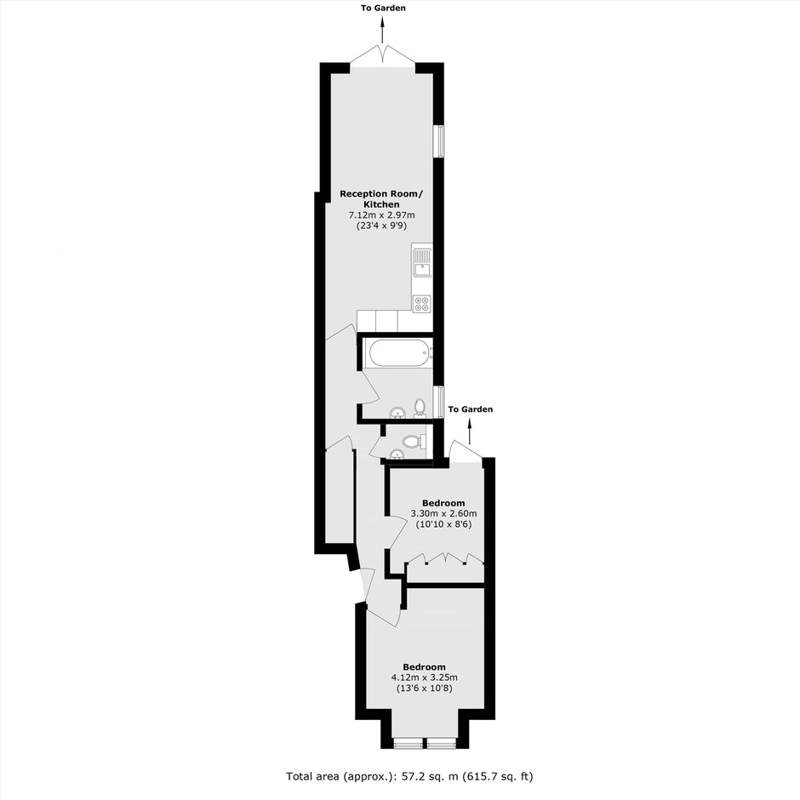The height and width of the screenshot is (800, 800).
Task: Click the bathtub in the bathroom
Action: tap(399, 352)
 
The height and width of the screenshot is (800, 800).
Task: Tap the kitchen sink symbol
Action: tap(422, 262)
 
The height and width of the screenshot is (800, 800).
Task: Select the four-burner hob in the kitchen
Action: tap(422, 303)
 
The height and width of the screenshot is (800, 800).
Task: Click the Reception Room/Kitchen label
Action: tap(381, 199)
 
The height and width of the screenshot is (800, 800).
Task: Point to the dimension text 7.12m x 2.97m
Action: tap(381, 214)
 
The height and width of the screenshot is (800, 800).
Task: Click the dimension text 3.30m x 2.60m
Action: tap(443, 513)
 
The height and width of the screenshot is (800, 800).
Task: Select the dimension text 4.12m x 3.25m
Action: tap(424, 677)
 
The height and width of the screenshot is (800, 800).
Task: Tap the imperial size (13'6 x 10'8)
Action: tap(424, 689)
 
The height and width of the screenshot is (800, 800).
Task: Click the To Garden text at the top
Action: tap(383, 9)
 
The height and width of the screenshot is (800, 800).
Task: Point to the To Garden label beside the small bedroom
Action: tap(471, 409)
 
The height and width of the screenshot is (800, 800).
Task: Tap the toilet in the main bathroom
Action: tap(420, 409)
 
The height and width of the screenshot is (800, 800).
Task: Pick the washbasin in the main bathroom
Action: tap(397, 412)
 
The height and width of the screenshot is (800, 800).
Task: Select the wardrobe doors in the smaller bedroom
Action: tap(445, 558)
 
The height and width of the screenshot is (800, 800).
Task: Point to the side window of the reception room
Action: tap(438, 140)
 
